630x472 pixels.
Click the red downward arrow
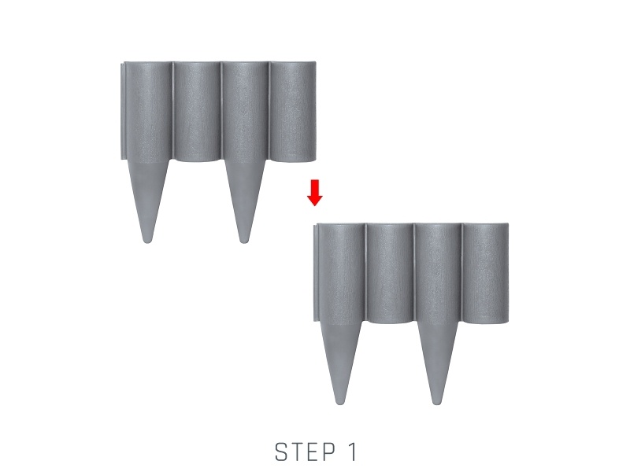[x=314, y=193]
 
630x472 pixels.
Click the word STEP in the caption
[x=306, y=452]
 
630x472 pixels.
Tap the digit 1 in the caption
[x=351, y=452]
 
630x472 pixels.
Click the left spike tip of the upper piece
[x=147, y=242]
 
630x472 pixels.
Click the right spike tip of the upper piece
[x=243, y=242]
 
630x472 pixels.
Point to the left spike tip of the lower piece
[x=341, y=402]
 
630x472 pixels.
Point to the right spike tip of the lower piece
[x=436, y=402]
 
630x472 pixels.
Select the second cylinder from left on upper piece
[x=197, y=112]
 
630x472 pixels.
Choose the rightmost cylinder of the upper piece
[x=292, y=112]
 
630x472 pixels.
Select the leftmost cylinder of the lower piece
[x=342, y=274]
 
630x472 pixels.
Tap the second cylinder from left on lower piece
[x=390, y=274]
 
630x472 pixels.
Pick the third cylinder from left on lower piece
[x=438, y=274]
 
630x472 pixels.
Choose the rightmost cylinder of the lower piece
[x=486, y=274]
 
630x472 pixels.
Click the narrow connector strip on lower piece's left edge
[x=316, y=273]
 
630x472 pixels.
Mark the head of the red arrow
[x=314, y=201]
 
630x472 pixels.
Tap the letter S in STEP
[x=282, y=452]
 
